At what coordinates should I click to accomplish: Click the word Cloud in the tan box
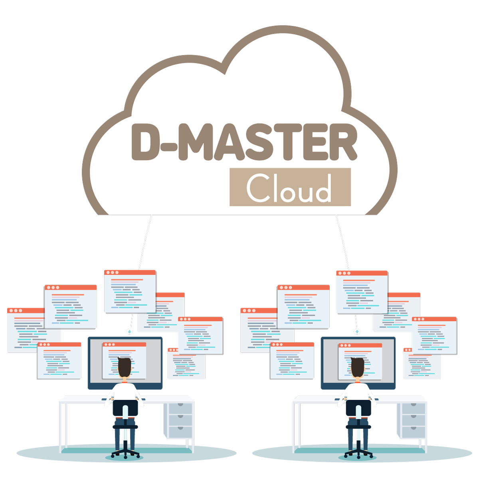tap(289, 188)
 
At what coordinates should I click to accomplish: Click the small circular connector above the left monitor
tap(129, 332)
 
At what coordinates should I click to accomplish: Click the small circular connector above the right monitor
tap(357, 332)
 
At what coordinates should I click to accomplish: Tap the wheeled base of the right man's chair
tap(358, 453)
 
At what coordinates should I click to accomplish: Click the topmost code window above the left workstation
tap(130, 291)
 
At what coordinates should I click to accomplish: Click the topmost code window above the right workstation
tap(362, 292)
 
